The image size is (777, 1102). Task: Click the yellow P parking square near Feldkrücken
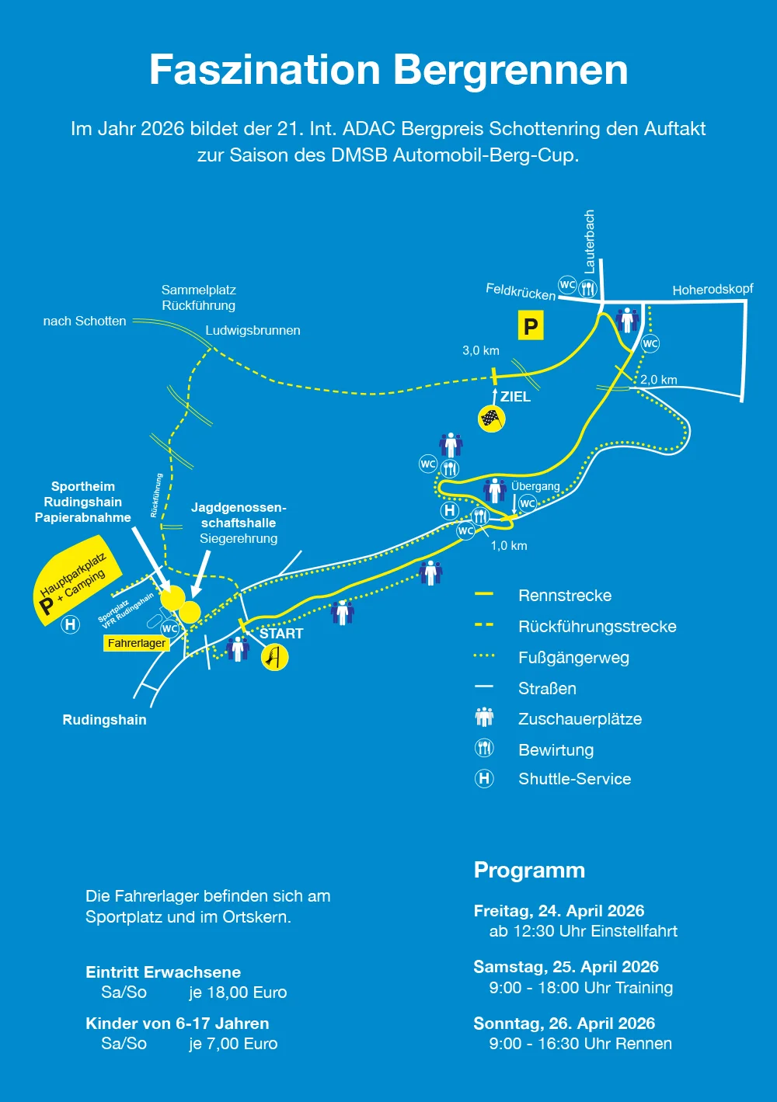tap(531, 325)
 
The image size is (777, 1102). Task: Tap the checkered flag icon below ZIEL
tap(492, 419)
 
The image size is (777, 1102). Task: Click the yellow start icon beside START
tap(274, 657)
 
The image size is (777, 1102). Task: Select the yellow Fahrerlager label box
tap(136, 644)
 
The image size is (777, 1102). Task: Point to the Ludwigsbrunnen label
tap(253, 330)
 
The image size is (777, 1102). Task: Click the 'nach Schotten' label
tap(85, 322)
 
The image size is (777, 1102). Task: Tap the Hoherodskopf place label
tap(713, 289)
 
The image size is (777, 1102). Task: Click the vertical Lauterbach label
tap(589, 242)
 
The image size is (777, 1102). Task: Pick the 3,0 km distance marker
tap(481, 351)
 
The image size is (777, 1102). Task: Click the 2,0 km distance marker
tap(658, 380)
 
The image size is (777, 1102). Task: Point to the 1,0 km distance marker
tap(509, 546)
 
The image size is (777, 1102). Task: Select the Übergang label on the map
tap(535, 486)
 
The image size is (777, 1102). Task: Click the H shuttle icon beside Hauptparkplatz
tap(71, 625)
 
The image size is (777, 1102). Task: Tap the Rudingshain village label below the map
tap(104, 720)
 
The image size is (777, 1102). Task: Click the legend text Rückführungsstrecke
tap(598, 626)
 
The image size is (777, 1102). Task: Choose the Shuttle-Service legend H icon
tap(484, 778)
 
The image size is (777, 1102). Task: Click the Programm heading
tap(529, 871)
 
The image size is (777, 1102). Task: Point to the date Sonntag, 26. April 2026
tap(564, 1024)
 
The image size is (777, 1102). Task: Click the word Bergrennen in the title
tap(510, 71)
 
